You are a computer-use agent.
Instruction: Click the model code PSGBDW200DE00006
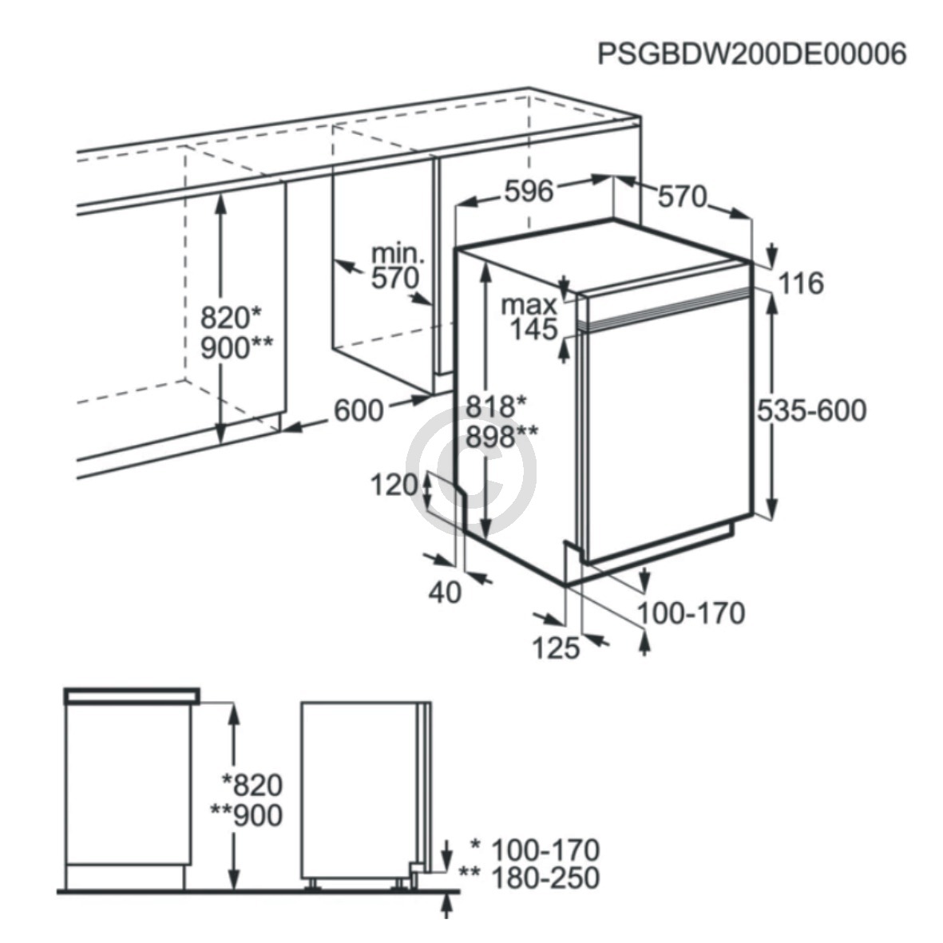pos(751,54)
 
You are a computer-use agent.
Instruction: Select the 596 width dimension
pos(529,192)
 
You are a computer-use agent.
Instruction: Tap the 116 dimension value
pos(800,283)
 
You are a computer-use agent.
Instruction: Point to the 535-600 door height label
pos(811,410)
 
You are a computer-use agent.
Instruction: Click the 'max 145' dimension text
pos(530,317)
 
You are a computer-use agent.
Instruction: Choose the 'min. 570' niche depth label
pos(397,267)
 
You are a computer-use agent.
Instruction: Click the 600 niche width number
pos(359,410)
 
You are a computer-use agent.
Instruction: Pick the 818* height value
pos(496,406)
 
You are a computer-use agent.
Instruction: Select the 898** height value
pos(502,437)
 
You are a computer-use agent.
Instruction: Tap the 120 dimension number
pos(394,485)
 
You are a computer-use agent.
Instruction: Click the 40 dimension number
pos(445,592)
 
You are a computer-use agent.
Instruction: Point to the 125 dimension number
pos(556,648)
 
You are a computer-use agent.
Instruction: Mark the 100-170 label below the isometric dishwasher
pos(691,613)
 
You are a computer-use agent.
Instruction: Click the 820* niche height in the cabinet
pos(231,317)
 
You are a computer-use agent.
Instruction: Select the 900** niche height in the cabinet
pos(236,347)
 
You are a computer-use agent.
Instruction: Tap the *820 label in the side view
pos(252,785)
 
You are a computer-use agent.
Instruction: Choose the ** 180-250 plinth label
pos(529,878)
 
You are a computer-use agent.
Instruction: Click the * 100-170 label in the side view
pos(535,850)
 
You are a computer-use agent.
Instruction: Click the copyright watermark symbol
pos(471,471)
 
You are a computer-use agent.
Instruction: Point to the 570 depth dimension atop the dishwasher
pos(683,196)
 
